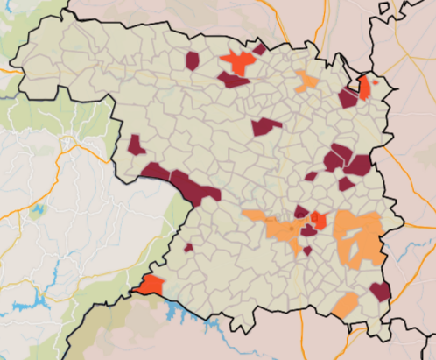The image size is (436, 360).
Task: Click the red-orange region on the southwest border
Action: click(x=149, y=285)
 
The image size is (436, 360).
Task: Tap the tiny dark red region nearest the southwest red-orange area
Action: click(x=188, y=248)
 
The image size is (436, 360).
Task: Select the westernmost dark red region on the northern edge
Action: click(x=193, y=60)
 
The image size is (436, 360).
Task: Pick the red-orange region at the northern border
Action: click(x=236, y=63)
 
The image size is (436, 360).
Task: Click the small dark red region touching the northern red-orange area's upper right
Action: click(x=259, y=50)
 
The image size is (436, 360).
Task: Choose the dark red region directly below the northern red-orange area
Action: click(x=234, y=81)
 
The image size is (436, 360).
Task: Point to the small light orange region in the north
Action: click(x=307, y=82)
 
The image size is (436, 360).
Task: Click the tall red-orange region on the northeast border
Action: click(x=364, y=87)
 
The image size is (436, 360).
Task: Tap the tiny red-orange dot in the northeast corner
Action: click(x=376, y=81)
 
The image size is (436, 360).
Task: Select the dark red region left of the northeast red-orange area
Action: click(x=348, y=97)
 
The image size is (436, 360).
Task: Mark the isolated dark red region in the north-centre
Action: click(x=265, y=126)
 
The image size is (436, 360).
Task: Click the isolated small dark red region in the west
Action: click(x=137, y=145)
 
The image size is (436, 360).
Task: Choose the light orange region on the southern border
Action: click(x=345, y=305)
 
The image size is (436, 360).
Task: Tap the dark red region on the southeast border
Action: click(x=380, y=291)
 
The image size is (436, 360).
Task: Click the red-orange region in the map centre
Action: click(x=319, y=220)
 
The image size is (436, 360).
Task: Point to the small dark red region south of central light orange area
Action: click(x=307, y=251)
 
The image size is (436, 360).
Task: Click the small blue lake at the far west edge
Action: click(x=37, y=210)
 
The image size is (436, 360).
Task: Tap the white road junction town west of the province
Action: click(x=68, y=140)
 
